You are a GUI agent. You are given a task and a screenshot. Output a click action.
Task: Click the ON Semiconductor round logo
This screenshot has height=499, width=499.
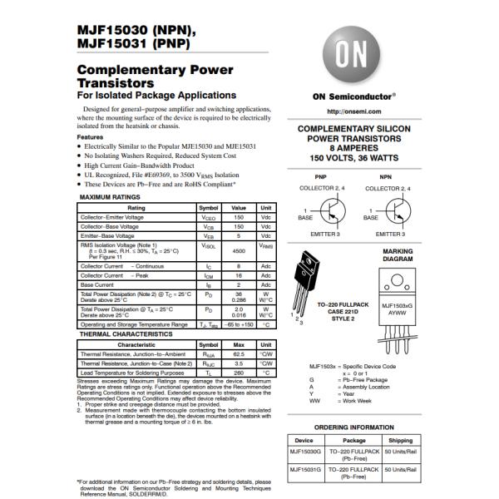tap(348, 56)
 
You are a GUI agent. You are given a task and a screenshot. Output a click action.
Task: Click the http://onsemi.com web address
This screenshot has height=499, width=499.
tap(348, 111)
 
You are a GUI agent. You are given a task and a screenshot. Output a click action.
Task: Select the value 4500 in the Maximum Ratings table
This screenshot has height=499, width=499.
tap(239, 250)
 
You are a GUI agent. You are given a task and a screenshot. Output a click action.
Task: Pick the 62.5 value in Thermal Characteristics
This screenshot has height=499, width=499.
tap(239, 353)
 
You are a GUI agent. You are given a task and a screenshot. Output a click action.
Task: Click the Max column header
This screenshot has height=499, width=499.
tap(239, 343)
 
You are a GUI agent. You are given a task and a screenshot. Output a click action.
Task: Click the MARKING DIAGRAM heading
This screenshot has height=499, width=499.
tap(397, 254)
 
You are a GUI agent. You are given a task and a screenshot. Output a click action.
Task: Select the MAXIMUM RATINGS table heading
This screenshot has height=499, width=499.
tap(111, 197)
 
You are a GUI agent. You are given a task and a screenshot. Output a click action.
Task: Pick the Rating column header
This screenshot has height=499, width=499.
tap(136, 207)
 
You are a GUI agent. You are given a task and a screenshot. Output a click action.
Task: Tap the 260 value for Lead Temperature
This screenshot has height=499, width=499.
tap(239, 373)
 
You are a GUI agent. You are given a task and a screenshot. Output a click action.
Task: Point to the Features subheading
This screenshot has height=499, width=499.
tap(90, 137)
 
